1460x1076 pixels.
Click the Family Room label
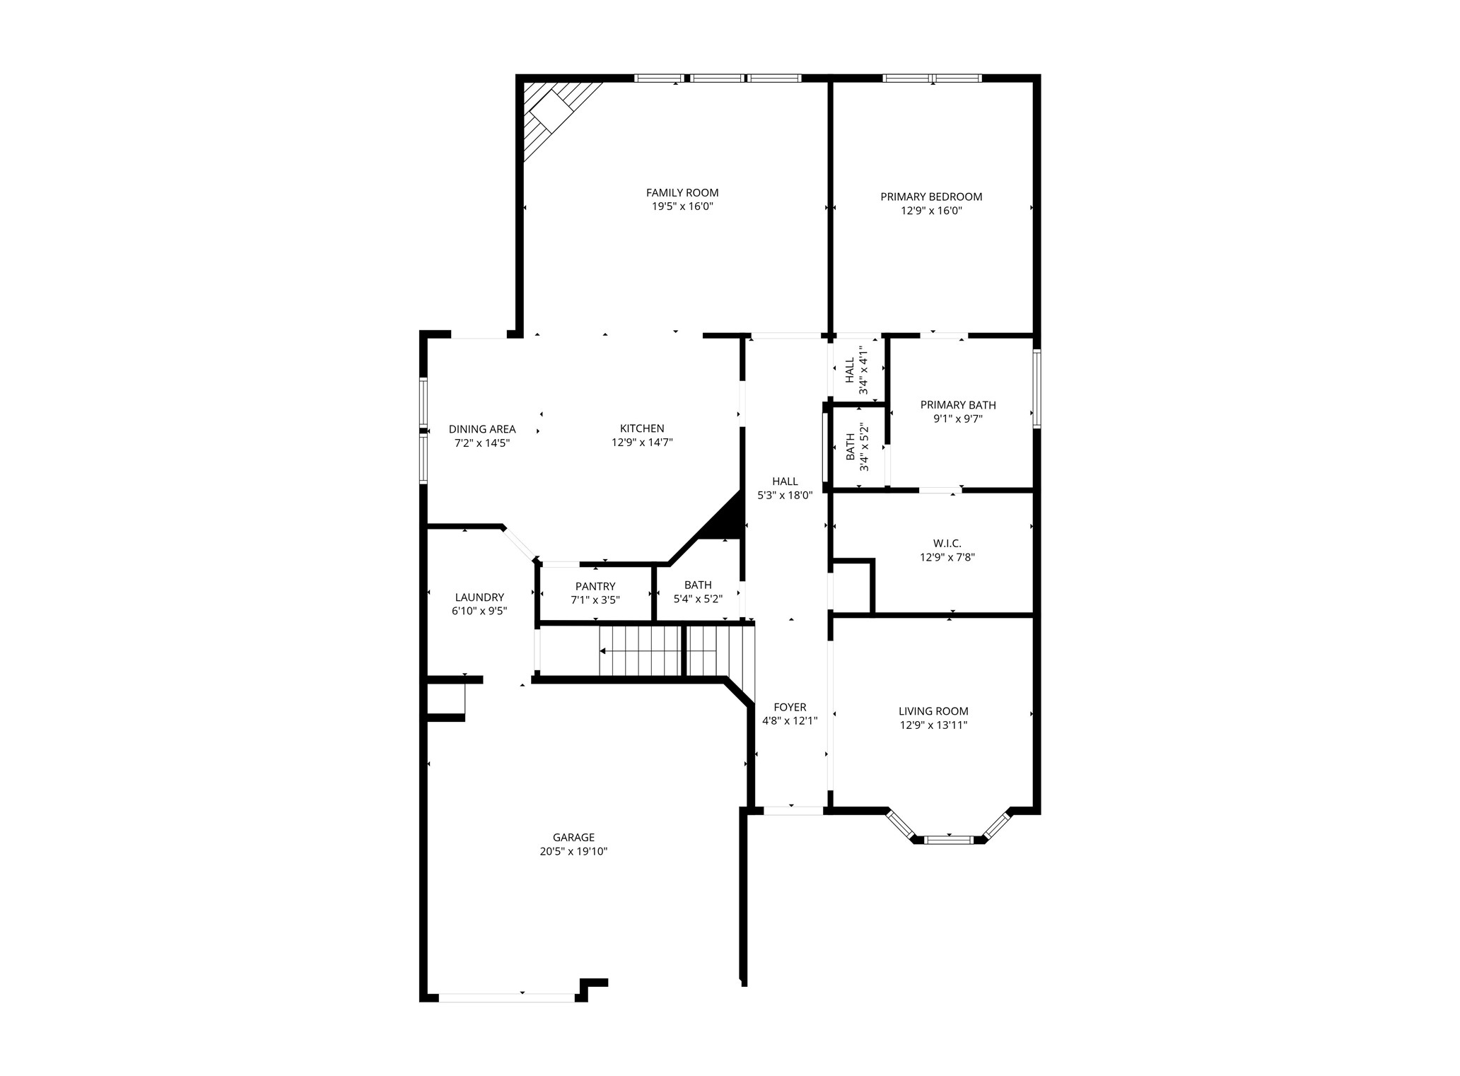[x=682, y=192]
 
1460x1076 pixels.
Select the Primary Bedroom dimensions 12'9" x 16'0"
[x=930, y=211]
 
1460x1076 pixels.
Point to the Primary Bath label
[x=957, y=405]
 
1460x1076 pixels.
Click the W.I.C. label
[x=947, y=543]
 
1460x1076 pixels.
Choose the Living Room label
[x=933, y=711]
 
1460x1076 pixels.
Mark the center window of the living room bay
[x=948, y=840]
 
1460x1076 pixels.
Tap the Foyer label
[x=789, y=707]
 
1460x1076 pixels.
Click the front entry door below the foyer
[x=793, y=811]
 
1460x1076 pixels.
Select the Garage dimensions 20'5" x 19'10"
[x=573, y=852]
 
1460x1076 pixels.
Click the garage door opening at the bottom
[x=507, y=998]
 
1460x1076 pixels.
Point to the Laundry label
[x=479, y=597]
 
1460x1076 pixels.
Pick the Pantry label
[x=595, y=586]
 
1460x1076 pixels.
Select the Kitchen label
[x=641, y=428]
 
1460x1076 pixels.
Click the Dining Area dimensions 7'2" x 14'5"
[x=481, y=443]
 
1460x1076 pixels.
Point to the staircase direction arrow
[x=603, y=650]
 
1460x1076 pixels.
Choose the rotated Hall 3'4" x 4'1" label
[x=855, y=370]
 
